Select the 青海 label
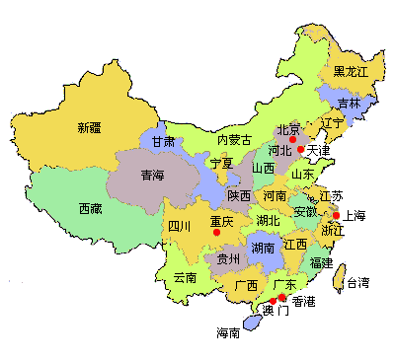(152, 177)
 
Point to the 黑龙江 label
(350, 72)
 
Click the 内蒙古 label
(234, 140)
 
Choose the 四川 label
(179, 227)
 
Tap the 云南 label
(185, 278)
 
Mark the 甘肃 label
(164, 142)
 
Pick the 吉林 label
(349, 104)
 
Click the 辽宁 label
(333, 123)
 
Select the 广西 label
(245, 286)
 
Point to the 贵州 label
(228, 259)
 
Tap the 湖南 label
(263, 248)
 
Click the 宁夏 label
(220, 163)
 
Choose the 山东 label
(302, 175)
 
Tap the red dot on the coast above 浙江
(336, 215)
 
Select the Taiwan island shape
(341, 276)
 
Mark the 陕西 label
(239, 196)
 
